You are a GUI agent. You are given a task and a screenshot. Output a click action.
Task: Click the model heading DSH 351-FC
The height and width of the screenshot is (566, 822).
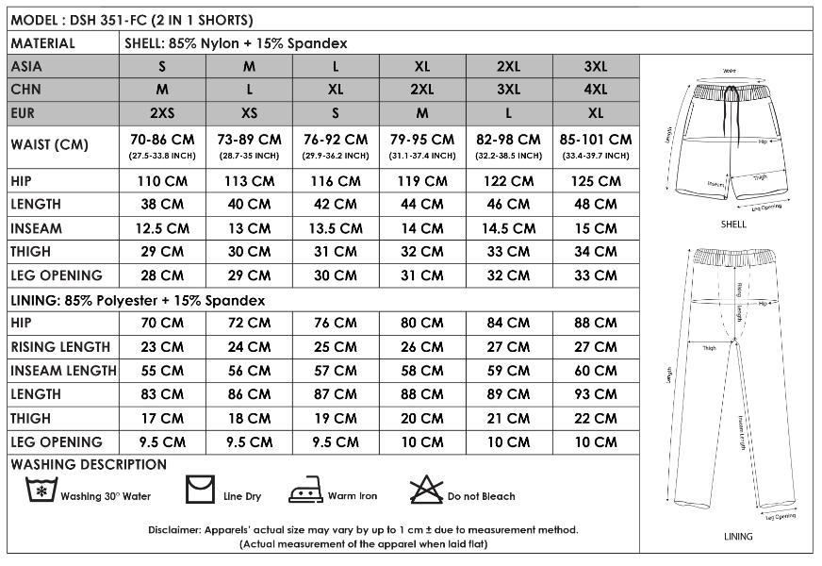tap(132, 19)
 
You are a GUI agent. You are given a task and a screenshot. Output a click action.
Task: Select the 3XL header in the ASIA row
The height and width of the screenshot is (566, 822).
tap(596, 67)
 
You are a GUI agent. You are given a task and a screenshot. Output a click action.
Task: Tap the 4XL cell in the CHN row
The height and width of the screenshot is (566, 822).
tap(596, 90)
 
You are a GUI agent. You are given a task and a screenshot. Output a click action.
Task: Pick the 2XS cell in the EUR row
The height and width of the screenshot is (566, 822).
tap(162, 113)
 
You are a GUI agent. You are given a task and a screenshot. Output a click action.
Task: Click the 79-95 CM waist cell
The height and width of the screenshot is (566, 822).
tap(422, 140)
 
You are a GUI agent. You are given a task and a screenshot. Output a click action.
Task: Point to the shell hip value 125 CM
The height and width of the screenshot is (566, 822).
tap(596, 181)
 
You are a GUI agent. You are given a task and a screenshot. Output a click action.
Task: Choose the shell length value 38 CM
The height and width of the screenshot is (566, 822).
tap(162, 205)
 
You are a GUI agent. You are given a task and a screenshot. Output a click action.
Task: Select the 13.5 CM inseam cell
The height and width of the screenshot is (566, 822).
tap(336, 228)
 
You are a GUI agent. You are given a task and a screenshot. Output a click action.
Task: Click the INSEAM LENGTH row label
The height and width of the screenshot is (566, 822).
tap(63, 371)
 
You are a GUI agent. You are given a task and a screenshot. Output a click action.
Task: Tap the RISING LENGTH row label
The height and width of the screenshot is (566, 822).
tap(60, 347)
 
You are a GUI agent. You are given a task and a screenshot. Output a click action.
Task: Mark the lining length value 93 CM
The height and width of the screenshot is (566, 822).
tap(596, 394)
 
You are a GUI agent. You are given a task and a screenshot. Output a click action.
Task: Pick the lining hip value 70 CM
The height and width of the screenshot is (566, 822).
tap(162, 324)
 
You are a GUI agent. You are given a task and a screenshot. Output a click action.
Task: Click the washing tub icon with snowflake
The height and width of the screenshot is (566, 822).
tap(41, 491)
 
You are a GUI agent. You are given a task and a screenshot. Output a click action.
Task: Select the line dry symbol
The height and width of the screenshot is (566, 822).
tap(199, 491)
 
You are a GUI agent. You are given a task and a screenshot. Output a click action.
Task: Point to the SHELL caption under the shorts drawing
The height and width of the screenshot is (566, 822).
tap(732, 225)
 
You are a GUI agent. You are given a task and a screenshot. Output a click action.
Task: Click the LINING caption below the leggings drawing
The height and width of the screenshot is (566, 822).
tap(738, 537)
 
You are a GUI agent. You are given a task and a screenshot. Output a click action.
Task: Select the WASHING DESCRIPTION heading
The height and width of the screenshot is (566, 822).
tap(89, 465)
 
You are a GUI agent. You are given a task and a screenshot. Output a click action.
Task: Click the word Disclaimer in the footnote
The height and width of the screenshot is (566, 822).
tap(174, 529)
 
